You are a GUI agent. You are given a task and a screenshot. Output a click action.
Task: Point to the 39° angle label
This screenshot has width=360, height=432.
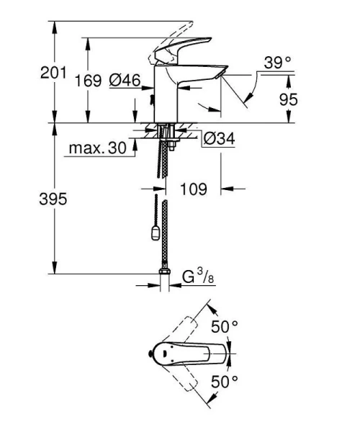point(276,63)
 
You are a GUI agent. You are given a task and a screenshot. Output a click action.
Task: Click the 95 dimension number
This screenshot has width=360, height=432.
point(289,99)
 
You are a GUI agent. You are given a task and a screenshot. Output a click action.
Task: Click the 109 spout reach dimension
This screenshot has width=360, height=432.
point(193,189)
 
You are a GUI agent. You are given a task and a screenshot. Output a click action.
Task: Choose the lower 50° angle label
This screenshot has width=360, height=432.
point(225,382)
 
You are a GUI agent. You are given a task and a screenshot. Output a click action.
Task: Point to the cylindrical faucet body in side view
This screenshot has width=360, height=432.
point(167,97)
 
